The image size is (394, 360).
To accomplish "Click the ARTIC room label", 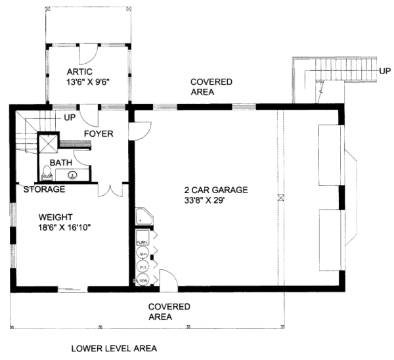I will click(79, 72).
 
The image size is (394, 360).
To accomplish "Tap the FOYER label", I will click(98, 134).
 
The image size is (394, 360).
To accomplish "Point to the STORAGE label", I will click(44, 190).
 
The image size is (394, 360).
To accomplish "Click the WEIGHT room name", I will click(56, 217).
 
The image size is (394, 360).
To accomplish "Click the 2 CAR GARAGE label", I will click(215, 191).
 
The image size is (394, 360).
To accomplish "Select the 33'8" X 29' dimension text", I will click(215, 202).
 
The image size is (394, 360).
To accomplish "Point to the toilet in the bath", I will click(47, 173).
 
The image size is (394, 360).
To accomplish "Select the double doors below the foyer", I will click(111, 189).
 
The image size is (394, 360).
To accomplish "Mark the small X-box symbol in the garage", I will click(280, 197).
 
